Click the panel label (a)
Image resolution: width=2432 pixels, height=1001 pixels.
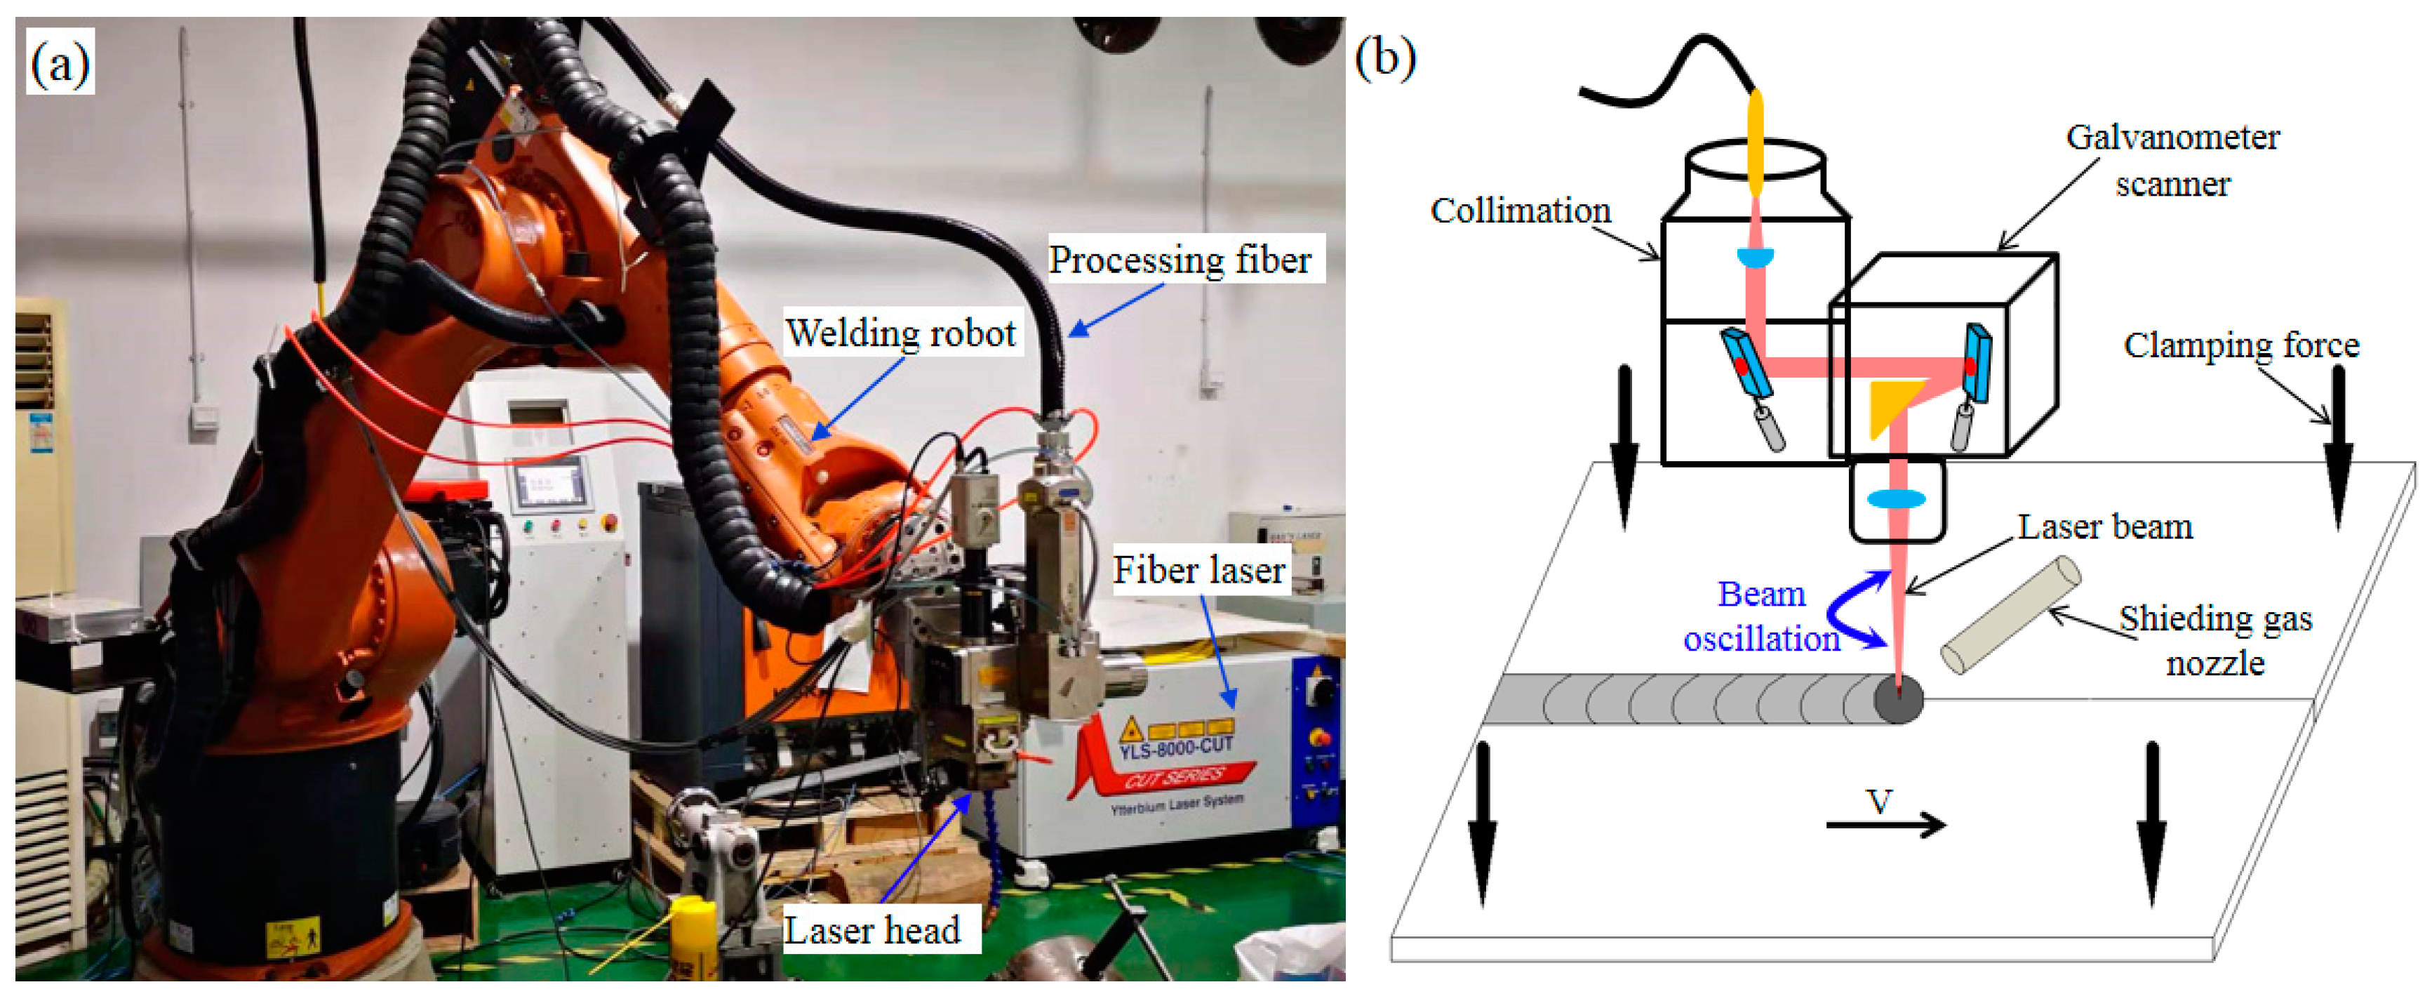60,63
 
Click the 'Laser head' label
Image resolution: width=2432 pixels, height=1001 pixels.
871,930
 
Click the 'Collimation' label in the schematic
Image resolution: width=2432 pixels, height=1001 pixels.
1520,211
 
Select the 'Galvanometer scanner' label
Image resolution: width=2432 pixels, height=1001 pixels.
2172,161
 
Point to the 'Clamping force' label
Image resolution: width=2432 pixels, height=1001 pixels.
2240,345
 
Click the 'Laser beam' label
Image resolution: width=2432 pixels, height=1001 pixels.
2104,527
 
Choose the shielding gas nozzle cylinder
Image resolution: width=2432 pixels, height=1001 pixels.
2009,616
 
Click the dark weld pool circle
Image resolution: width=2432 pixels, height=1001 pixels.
1897,700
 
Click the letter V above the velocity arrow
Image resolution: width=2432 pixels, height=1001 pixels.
1879,802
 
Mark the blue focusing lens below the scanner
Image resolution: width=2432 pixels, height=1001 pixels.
1896,498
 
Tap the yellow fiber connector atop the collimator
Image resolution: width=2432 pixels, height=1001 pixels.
1755,142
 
